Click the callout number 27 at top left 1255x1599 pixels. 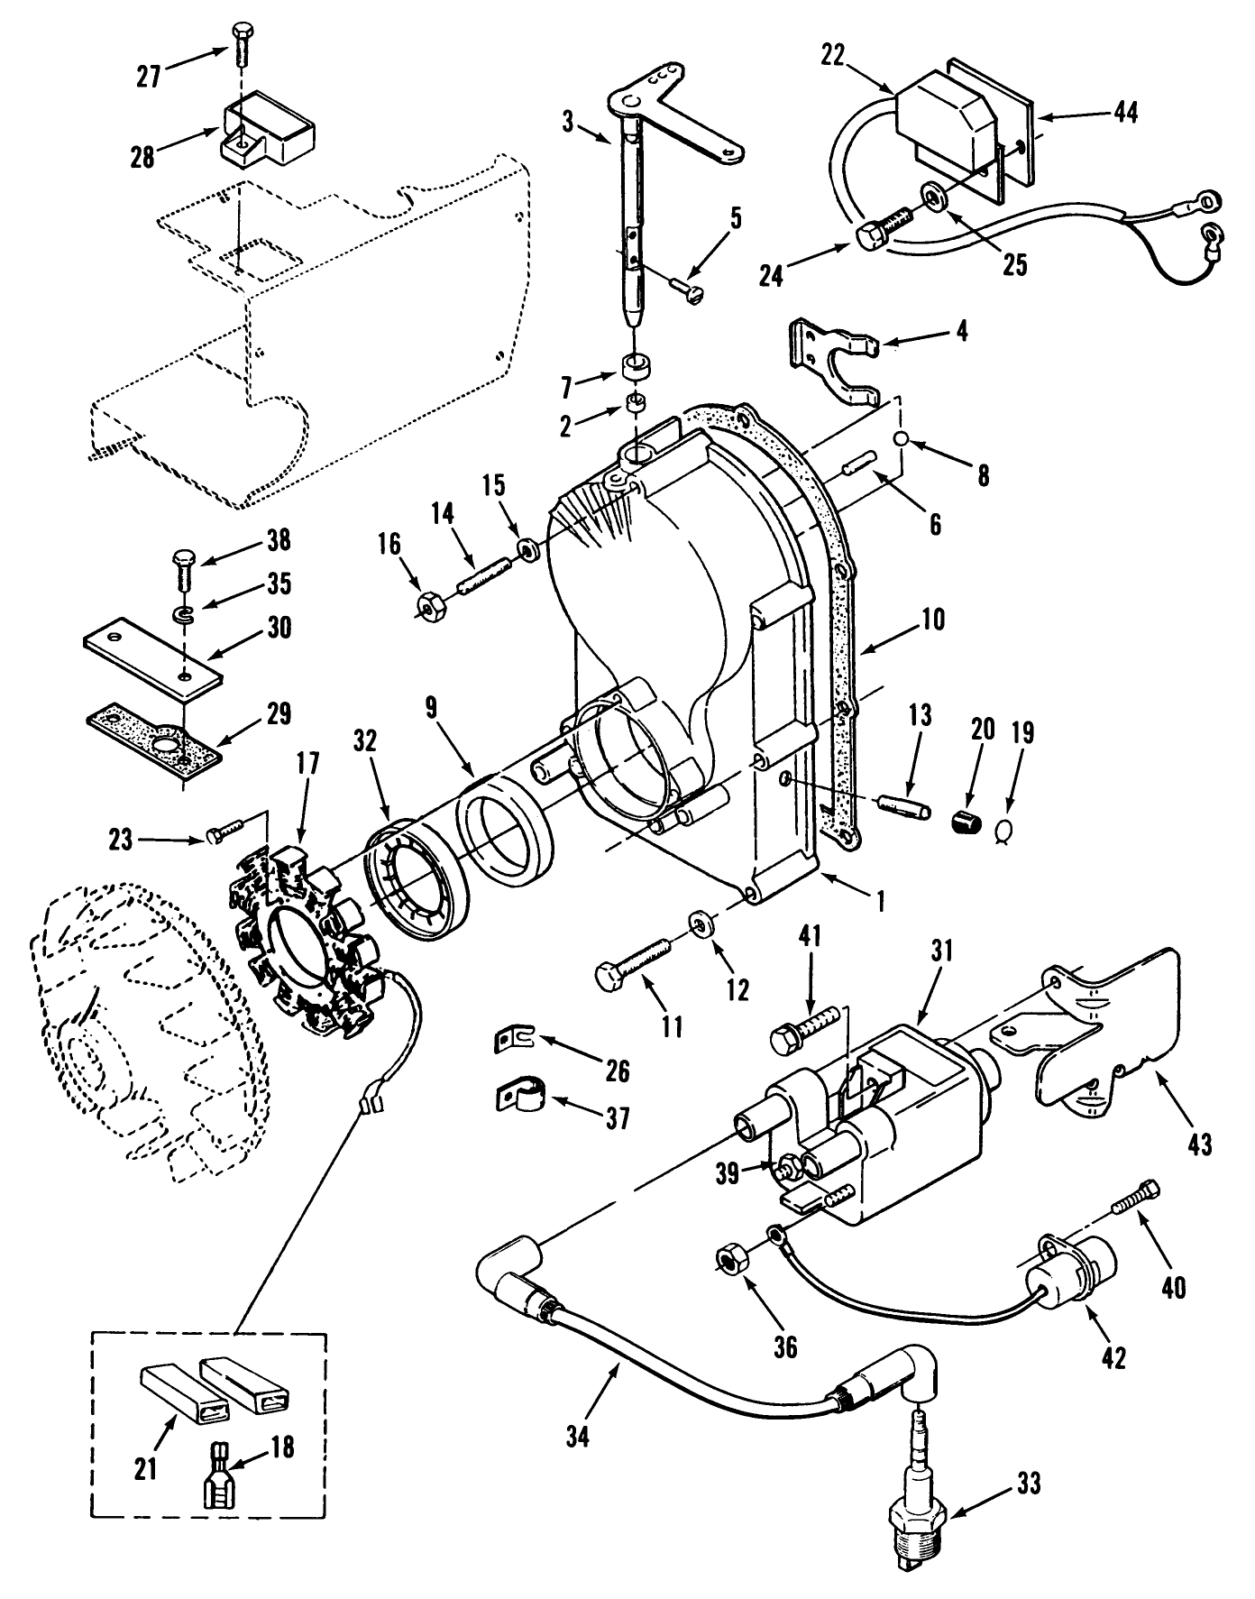pyautogui.click(x=148, y=77)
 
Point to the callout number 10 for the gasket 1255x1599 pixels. pyautogui.click(x=933, y=620)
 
